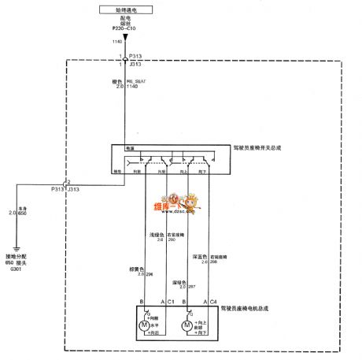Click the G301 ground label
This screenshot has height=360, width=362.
click(x=15, y=268)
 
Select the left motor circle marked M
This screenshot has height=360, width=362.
click(x=144, y=326)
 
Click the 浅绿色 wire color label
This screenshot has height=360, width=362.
click(x=157, y=234)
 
